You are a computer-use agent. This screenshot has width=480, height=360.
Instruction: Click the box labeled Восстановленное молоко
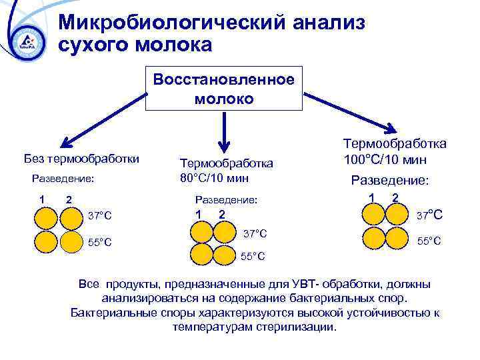223,89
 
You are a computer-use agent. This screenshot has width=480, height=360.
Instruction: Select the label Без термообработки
81,159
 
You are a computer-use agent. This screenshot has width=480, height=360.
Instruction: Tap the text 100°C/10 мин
385,160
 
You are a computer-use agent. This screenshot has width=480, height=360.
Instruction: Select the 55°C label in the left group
100,242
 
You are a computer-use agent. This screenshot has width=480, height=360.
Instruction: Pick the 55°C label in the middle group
253,256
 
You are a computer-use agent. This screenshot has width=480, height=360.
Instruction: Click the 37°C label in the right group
429,215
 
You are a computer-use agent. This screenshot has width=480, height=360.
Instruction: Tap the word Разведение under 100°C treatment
390,180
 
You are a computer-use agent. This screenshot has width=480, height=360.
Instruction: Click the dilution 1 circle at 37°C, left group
46,218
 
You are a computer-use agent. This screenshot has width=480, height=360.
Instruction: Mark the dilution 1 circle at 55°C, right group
373,238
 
